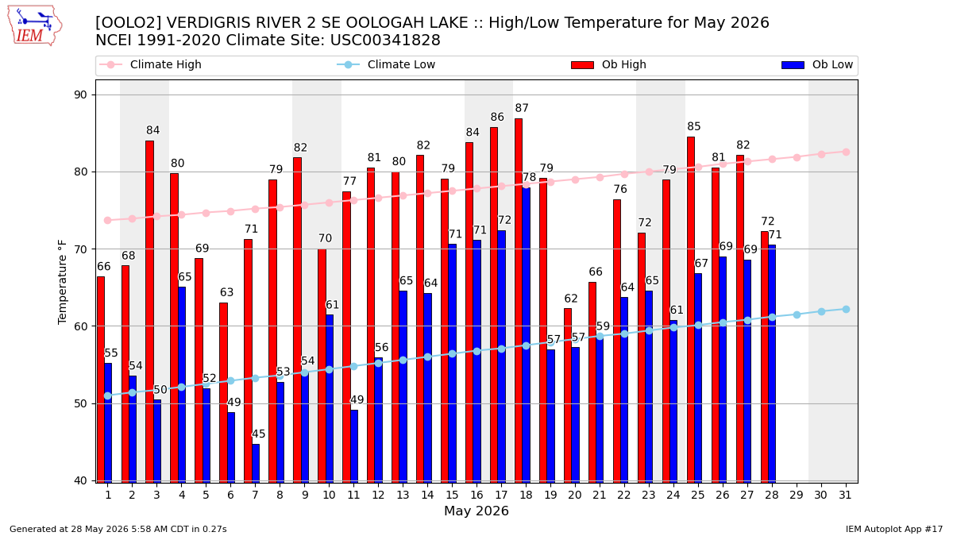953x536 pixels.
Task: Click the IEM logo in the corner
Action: (x=34, y=26)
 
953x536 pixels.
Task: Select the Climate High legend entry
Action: (x=150, y=64)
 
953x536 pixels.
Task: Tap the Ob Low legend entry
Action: (x=817, y=64)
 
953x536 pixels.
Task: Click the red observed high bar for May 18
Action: (x=518, y=300)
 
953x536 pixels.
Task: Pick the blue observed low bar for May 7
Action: (x=256, y=463)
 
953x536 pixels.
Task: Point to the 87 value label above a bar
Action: (x=522, y=108)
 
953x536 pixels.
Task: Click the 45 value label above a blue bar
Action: (x=259, y=434)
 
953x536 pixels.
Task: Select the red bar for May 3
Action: (x=149, y=311)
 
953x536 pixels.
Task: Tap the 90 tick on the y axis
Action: (x=80, y=94)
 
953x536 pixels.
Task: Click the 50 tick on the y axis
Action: (x=80, y=403)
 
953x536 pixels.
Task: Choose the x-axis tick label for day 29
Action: (x=796, y=496)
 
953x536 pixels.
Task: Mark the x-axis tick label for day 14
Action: (x=427, y=496)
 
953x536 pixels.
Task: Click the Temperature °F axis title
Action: (x=62, y=283)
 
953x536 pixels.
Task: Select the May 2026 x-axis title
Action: (x=476, y=511)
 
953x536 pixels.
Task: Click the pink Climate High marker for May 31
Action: (x=846, y=152)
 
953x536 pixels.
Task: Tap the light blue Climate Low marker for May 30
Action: (x=821, y=311)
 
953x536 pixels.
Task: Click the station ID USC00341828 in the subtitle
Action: (x=385, y=40)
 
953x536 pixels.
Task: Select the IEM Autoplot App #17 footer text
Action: (x=894, y=529)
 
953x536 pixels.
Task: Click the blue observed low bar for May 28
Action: (x=772, y=364)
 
